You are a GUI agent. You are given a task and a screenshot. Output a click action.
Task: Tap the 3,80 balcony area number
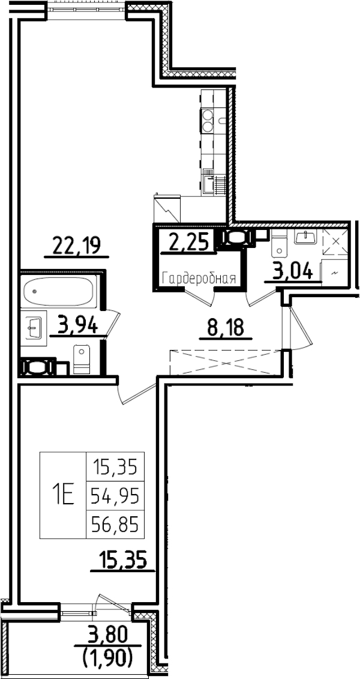tap(108, 635)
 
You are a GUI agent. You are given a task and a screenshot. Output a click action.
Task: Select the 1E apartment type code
tap(62, 495)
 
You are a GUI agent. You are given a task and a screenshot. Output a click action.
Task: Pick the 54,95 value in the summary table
tap(114, 496)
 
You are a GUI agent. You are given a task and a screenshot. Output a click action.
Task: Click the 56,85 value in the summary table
tap(114, 525)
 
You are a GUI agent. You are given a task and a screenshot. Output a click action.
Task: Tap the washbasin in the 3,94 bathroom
tap(34, 328)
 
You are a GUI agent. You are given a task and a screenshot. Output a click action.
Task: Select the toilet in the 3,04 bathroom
tap(280, 244)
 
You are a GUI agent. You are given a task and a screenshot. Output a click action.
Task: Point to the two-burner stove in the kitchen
tap(208, 120)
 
